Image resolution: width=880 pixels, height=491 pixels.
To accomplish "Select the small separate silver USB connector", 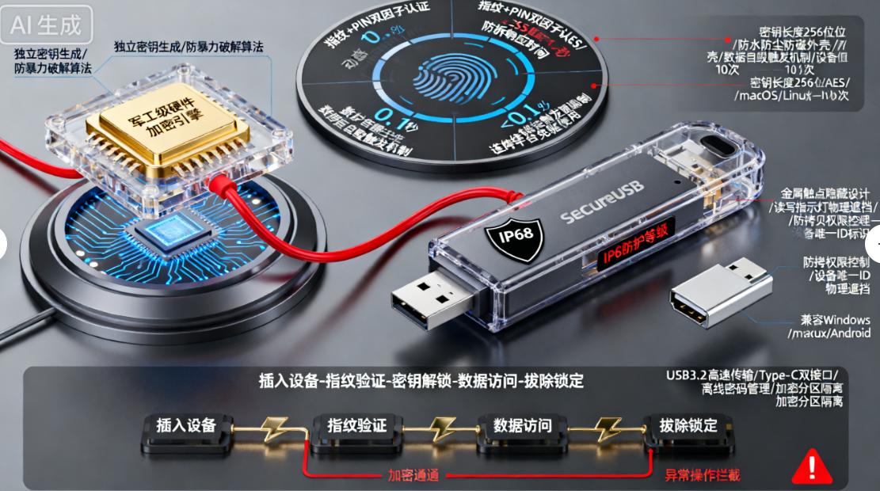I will click(718, 297).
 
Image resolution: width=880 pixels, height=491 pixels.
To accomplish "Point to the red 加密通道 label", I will click(413, 475).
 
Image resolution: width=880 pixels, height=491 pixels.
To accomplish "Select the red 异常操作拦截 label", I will click(702, 475).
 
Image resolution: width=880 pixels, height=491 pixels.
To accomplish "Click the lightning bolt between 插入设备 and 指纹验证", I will click(272, 428).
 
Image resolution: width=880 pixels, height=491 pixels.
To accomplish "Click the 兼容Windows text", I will click(835, 319).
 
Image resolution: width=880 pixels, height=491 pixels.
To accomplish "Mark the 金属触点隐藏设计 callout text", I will click(825, 192).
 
